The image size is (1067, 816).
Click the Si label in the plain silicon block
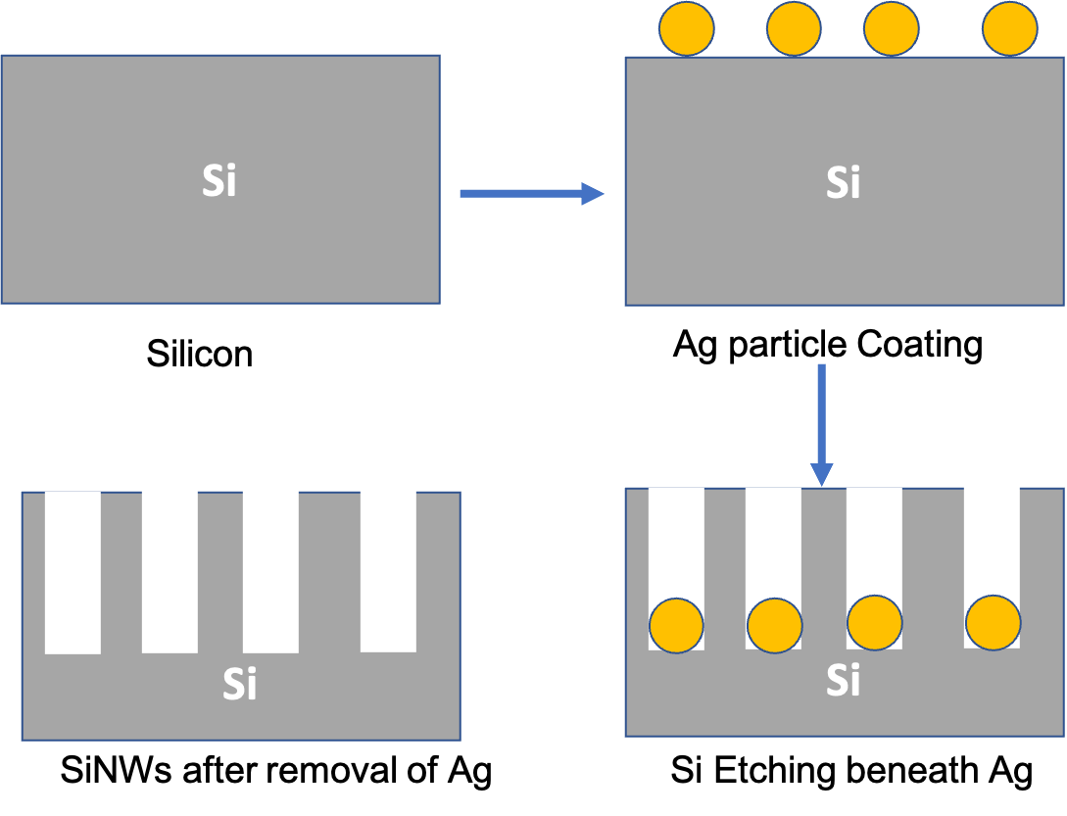218,181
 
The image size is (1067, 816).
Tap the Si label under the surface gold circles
843,182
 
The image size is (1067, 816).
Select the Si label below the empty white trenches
239,684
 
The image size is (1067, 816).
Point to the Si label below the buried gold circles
843,679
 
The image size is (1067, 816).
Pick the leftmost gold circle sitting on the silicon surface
686,28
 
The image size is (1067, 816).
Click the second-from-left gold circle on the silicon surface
794,28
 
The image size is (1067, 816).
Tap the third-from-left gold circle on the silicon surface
892,28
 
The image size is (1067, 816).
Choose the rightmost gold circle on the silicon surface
1009,28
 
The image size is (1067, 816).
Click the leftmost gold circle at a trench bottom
676,625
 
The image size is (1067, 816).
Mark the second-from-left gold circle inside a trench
775,625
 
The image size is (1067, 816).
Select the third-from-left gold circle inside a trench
874,622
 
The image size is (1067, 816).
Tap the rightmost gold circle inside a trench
993,622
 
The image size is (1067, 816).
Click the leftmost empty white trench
73,572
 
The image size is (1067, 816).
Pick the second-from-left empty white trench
170,571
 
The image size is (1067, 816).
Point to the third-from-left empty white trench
270,571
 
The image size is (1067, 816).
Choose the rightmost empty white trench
388,570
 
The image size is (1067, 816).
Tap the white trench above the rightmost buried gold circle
992,539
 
